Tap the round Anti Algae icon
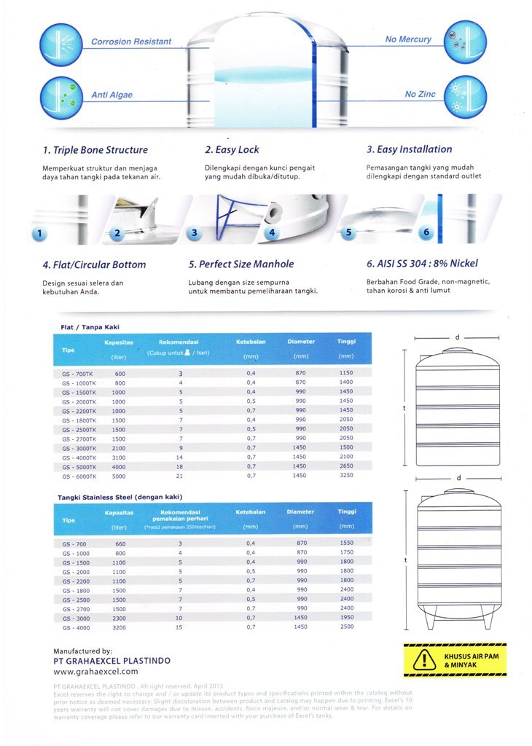(60, 95)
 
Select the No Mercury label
(408, 39)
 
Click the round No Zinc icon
(464, 95)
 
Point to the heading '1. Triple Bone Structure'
(95, 150)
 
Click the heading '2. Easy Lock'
(232, 150)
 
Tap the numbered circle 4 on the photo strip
(271, 233)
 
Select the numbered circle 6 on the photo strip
(426, 233)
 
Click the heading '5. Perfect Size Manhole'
(240, 264)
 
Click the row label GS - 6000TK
(78, 476)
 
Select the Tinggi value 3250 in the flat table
(346, 475)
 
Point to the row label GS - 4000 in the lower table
(75, 627)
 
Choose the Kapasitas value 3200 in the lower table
(120, 627)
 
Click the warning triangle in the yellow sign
(423, 660)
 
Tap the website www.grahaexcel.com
(95, 672)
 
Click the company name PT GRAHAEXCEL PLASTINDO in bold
(112, 661)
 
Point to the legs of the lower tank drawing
(457, 616)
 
